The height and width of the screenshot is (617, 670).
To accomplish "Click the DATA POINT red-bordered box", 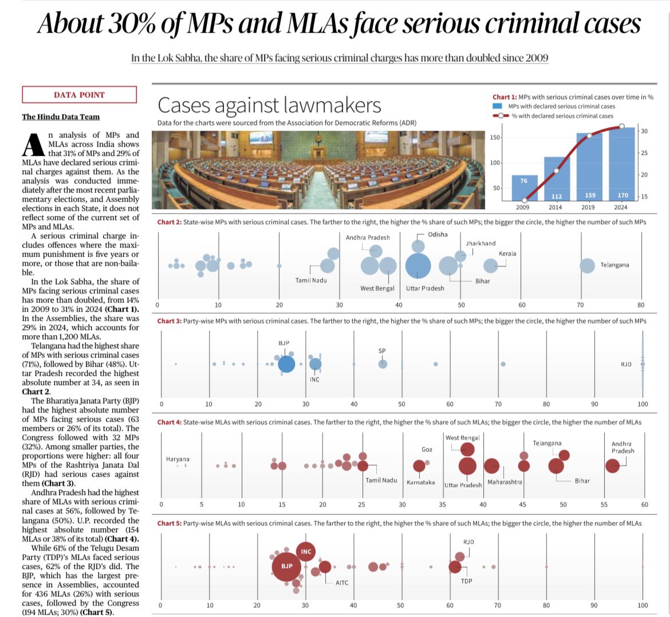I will click(80, 95).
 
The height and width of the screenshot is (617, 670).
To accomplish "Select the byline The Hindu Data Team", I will click(61, 117).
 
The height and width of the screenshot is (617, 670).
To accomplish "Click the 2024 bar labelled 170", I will click(622, 166).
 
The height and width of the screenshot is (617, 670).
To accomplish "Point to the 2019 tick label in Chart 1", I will click(588, 207).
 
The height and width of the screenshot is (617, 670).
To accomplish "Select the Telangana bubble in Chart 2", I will click(587, 265).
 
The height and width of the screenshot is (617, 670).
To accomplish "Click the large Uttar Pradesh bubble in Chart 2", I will click(418, 265).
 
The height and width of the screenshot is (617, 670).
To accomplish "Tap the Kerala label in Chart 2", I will click(507, 253).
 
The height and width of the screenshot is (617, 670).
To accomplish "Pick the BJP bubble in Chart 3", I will click(286, 364).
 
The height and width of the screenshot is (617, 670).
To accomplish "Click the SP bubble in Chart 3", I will click(383, 364).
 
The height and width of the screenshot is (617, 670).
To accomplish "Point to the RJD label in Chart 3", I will click(626, 364).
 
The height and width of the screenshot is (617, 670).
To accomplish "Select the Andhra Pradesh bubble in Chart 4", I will click(612, 466).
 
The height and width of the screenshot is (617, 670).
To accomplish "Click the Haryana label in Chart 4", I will click(178, 459).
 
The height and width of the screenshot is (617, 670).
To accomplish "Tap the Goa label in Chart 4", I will click(427, 449).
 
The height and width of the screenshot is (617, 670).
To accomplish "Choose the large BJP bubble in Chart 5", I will click(286, 567).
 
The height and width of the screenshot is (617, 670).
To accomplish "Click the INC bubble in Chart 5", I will click(306, 552).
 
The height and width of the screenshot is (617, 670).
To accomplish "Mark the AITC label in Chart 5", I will click(342, 583).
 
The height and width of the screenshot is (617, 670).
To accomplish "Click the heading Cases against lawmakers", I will click(269, 105).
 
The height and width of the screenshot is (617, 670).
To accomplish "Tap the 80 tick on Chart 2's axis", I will click(640, 305).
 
